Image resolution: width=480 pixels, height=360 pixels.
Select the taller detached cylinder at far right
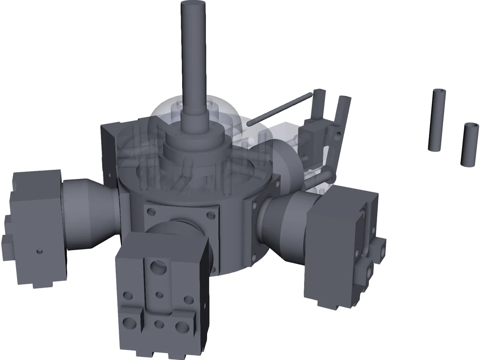coord(436,120)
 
